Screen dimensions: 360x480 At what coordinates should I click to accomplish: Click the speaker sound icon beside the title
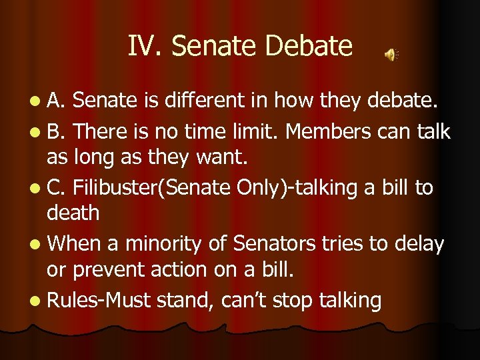tap(391, 55)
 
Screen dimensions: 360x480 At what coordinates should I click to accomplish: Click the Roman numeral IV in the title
tap(145, 47)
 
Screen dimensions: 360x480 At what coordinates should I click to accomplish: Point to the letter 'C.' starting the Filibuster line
tap(55, 188)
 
